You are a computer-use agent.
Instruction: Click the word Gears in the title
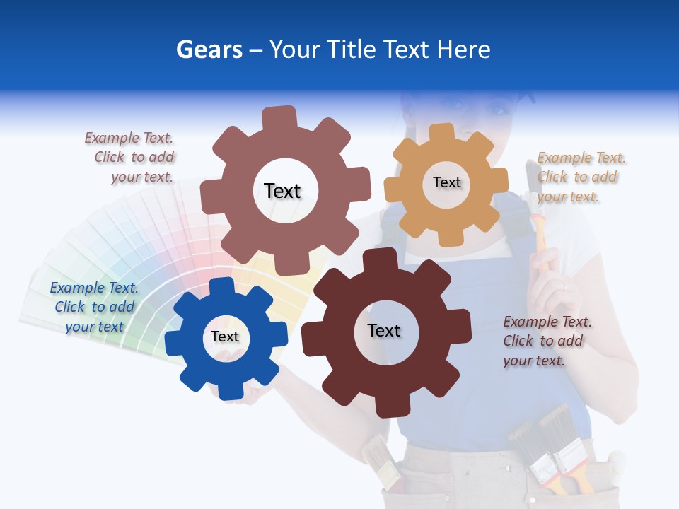(x=209, y=49)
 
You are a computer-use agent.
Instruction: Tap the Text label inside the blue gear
(x=225, y=337)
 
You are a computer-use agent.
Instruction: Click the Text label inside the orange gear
(x=446, y=182)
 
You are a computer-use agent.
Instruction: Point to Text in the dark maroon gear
(x=384, y=330)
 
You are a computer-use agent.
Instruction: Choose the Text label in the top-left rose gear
(x=282, y=191)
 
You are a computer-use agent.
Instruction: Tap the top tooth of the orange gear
(x=442, y=132)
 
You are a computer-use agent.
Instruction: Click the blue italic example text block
(x=94, y=307)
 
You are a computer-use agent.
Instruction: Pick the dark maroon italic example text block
(x=546, y=341)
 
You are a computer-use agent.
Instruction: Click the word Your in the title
(x=297, y=49)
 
